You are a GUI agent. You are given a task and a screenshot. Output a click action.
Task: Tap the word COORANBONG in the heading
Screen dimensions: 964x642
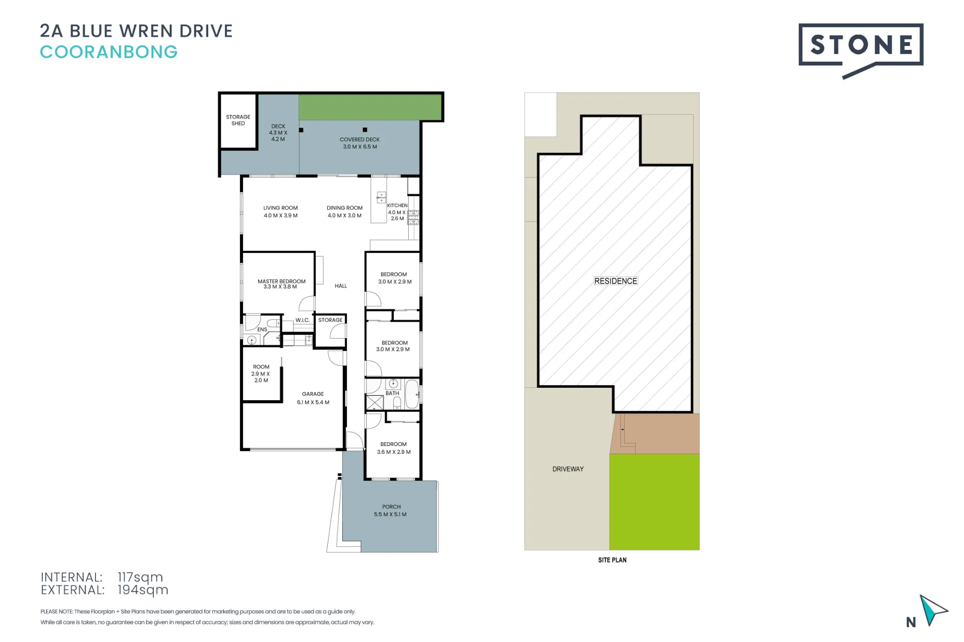click(109, 52)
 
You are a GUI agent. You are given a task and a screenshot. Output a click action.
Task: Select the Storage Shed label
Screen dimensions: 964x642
click(238, 120)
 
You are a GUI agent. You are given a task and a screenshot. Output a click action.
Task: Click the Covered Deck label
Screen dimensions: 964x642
click(360, 143)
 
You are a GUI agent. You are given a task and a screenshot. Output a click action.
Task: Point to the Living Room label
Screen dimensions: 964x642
click(281, 212)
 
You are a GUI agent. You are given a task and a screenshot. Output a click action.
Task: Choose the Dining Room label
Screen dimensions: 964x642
click(345, 212)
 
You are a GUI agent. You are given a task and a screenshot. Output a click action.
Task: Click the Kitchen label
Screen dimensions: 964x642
click(397, 212)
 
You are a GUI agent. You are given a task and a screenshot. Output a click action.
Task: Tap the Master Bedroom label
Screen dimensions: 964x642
click(281, 284)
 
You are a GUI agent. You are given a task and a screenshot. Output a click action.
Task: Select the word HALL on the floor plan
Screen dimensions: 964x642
click(341, 286)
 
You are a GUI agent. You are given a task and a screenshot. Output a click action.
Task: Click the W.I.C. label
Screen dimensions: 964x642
click(303, 320)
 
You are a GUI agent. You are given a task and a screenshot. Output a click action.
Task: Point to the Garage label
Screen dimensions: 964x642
click(313, 398)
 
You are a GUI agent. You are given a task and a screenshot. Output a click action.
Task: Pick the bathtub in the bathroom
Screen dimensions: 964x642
click(412, 394)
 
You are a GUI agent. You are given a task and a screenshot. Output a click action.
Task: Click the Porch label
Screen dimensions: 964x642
click(390, 511)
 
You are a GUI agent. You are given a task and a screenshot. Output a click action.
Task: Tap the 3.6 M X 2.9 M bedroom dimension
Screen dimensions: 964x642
click(394, 452)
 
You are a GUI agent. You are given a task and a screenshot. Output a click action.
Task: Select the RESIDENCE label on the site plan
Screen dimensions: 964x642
click(616, 281)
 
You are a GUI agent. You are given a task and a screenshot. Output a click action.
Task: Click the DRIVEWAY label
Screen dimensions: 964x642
click(568, 469)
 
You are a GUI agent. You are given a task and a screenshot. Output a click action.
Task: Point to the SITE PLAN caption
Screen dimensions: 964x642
click(612, 560)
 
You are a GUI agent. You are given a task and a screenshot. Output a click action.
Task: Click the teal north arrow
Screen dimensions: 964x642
click(933, 610)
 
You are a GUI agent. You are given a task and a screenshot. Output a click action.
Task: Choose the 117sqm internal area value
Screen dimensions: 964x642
click(140, 577)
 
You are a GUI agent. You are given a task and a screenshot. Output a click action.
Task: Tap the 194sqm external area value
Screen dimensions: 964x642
click(143, 590)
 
